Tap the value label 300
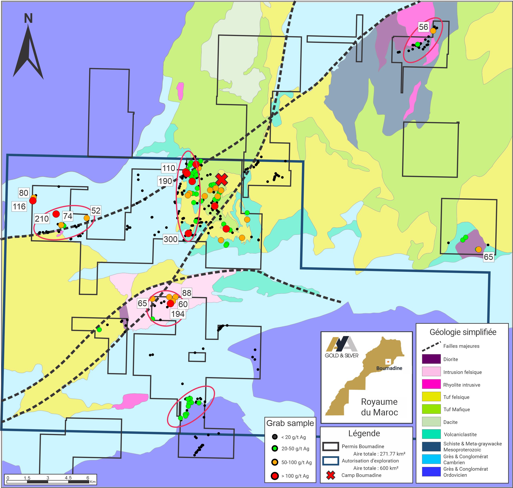(x=170, y=239)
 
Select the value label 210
(x=42, y=219)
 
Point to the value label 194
(x=178, y=314)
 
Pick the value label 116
(x=19, y=207)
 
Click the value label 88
(x=186, y=293)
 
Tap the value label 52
(x=96, y=210)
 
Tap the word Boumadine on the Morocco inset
(x=389, y=368)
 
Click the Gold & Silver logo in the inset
(x=341, y=347)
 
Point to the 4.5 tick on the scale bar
(x=68, y=478)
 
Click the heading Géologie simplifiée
(x=463, y=332)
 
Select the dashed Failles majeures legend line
(x=431, y=346)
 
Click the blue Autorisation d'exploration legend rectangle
(x=331, y=461)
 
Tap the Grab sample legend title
(x=290, y=423)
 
